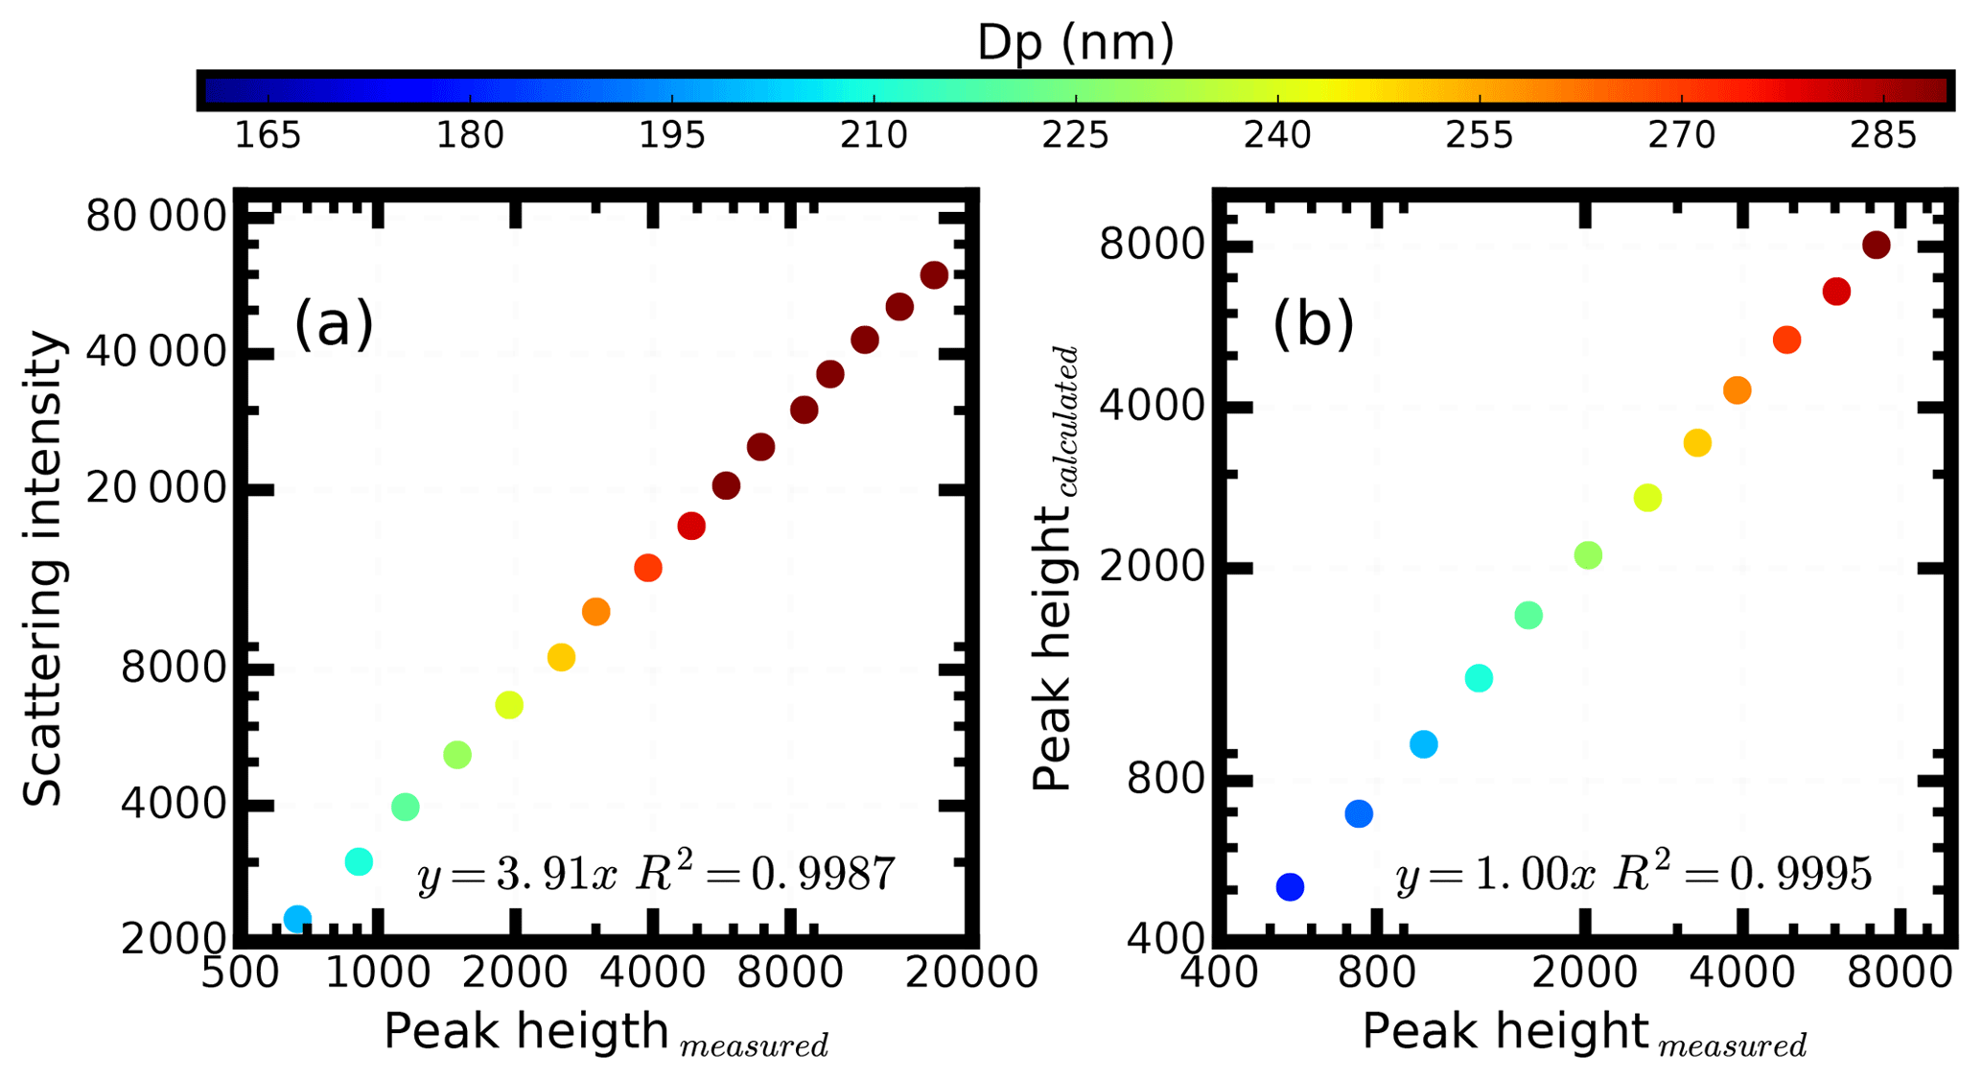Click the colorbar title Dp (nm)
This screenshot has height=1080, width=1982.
(x=1075, y=42)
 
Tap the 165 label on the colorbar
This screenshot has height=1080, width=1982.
(x=268, y=135)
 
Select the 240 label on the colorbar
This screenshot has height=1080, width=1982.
(x=1277, y=135)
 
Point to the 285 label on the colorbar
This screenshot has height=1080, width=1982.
(x=1883, y=135)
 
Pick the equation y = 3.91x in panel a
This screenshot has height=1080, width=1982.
(x=518, y=874)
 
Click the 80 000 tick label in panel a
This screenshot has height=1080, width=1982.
(x=156, y=217)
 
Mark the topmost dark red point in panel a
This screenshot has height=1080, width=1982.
(x=934, y=275)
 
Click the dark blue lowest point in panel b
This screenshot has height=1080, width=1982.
(x=1291, y=887)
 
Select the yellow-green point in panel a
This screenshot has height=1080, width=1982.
(x=509, y=705)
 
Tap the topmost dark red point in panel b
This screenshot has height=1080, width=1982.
(x=1877, y=246)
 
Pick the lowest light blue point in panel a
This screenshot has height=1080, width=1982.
(x=298, y=919)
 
